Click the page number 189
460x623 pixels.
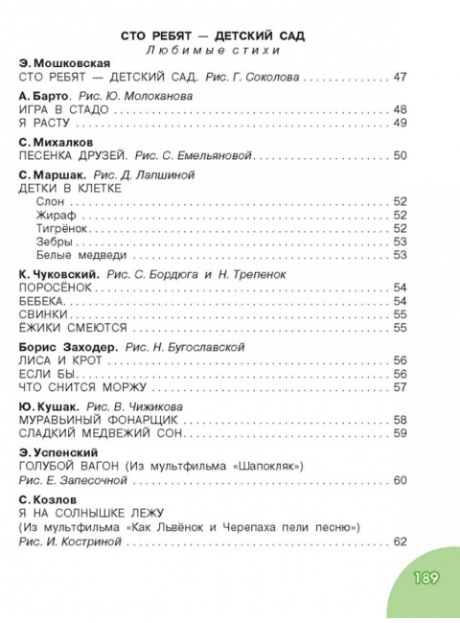coord(425,579)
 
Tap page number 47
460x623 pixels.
coord(401,76)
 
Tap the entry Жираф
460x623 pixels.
coord(48,216)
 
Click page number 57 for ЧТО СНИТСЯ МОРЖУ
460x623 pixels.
coord(401,387)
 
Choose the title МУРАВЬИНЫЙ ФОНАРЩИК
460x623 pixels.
coord(85,420)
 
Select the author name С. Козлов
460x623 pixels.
coord(48,499)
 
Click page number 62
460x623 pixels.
coord(401,542)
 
